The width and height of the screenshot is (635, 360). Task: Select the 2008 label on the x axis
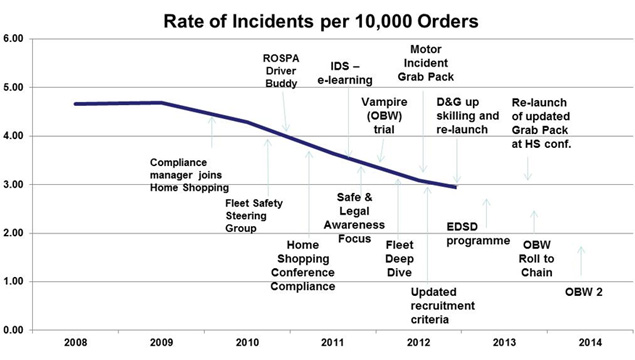point(76,343)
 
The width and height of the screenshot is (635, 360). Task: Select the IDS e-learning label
point(345,73)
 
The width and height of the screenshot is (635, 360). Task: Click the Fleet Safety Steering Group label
point(254,215)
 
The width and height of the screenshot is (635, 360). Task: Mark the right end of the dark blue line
point(456,187)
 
